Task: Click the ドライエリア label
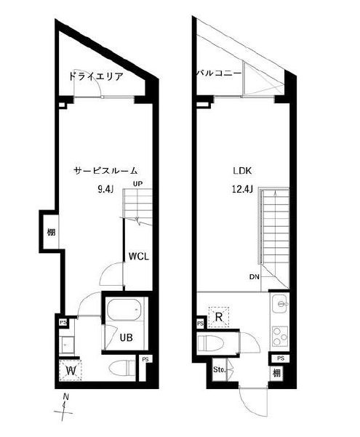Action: point(95,76)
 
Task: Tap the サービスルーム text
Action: point(105,171)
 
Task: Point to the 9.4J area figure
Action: point(106,191)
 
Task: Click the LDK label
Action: point(241,172)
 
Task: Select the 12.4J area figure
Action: point(243,191)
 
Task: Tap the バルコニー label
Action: point(218,73)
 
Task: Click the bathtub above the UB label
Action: point(125,313)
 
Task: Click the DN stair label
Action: point(254,276)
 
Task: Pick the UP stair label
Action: point(137,183)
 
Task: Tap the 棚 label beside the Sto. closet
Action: point(279,374)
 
